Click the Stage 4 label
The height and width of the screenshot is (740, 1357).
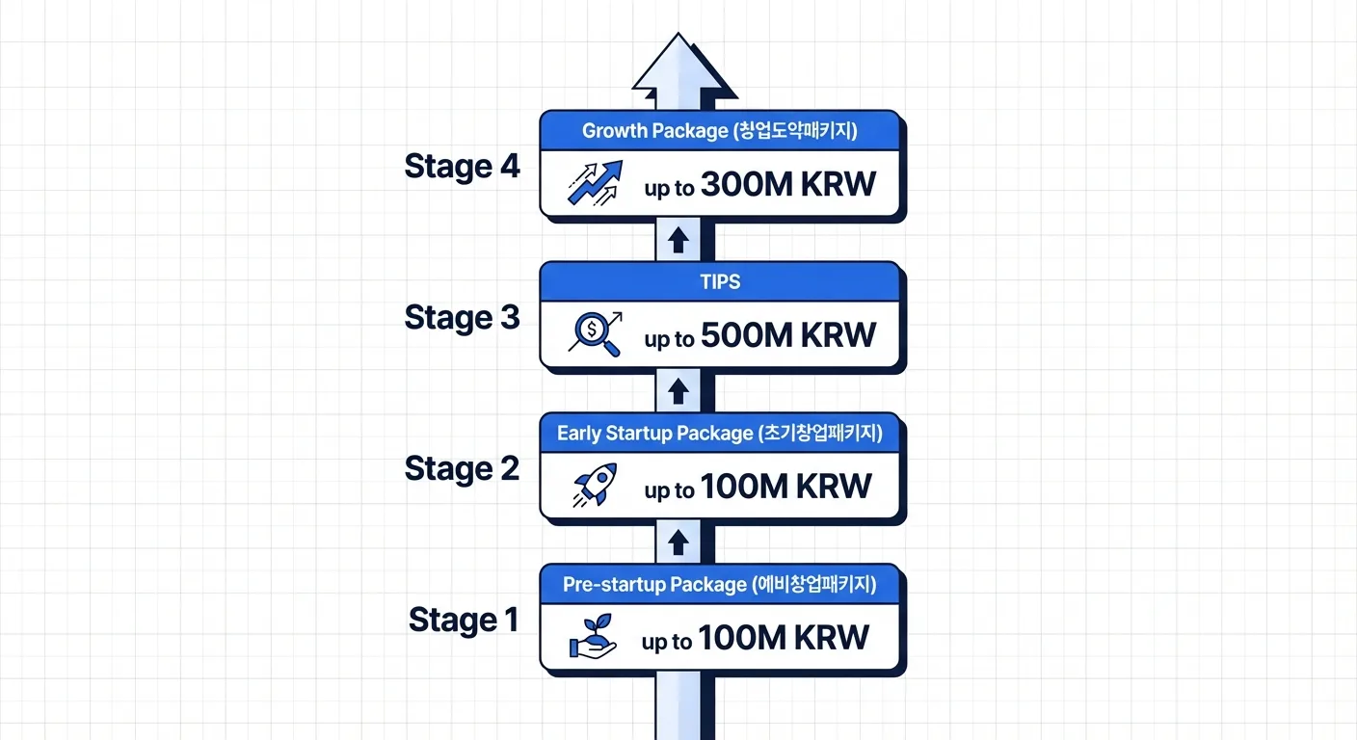pyautogui.click(x=462, y=167)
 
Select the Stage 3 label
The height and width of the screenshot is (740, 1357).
pyautogui.click(x=462, y=317)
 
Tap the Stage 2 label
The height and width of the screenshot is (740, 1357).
pyautogui.click(x=462, y=468)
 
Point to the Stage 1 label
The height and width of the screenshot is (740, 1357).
pyautogui.click(x=464, y=620)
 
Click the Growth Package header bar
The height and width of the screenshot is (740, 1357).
pyautogui.click(x=720, y=131)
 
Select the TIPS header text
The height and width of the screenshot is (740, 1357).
pyautogui.click(x=720, y=281)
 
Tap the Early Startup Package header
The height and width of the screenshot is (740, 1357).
pyautogui.click(x=720, y=433)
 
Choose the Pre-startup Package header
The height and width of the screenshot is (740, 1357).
pyautogui.click(x=720, y=584)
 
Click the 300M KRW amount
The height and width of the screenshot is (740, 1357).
pyautogui.click(x=788, y=184)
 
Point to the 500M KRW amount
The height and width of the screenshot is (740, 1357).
pyautogui.click(x=788, y=335)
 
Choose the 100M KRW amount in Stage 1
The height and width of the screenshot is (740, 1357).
pyautogui.click(x=784, y=638)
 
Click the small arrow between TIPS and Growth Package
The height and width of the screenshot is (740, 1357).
pyautogui.click(x=678, y=240)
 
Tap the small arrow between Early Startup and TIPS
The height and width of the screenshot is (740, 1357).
pyautogui.click(x=678, y=391)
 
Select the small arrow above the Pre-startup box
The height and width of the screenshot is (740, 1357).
pyautogui.click(x=678, y=542)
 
